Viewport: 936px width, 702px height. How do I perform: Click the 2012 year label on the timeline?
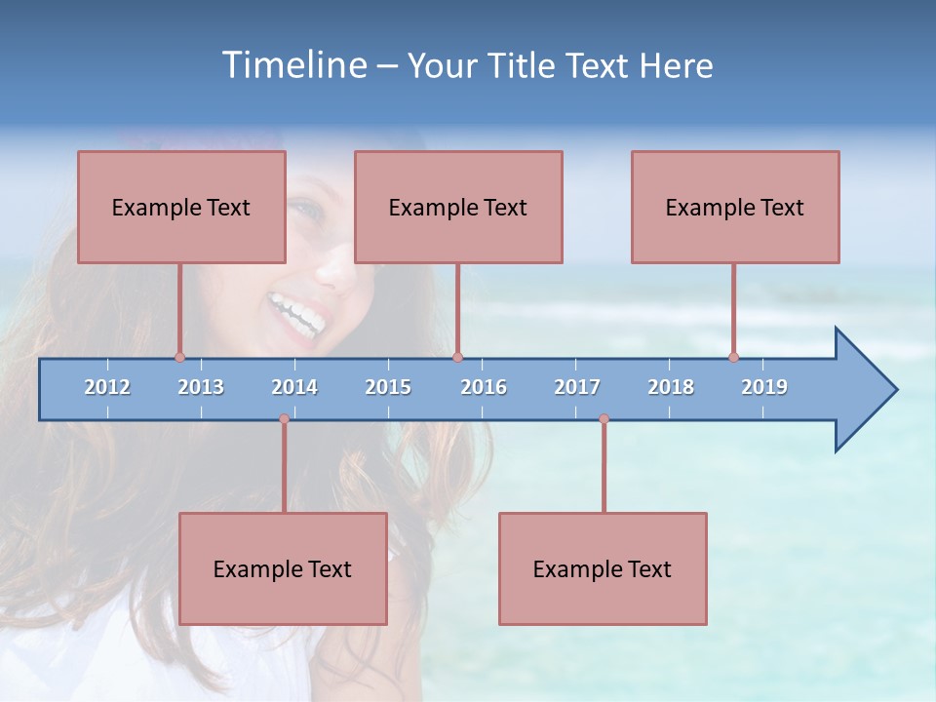(x=107, y=387)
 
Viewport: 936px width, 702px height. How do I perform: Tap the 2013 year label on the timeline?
(x=201, y=387)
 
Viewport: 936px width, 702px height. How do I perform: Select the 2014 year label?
(x=294, y=387)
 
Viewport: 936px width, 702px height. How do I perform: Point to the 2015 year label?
(x=388, y=387)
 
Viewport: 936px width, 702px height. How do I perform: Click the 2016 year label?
(x=484, y=387)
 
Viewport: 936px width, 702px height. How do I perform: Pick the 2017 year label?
(x=577, y=387)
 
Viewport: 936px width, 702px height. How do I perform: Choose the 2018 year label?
(x=671, y=387)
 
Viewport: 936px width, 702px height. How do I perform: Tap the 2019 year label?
(x=764, y=387)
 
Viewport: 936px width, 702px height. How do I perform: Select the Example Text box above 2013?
(x=181, y=207)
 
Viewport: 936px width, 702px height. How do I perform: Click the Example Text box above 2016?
(x=458, y=207)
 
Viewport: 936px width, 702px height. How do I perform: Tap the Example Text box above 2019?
(x=735, y=207)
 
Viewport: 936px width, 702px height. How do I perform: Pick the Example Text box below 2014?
(x=283, y=568)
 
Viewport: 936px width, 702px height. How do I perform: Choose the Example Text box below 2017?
(x=603, y=568)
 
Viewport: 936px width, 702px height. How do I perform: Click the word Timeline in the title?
(x=293, y=65)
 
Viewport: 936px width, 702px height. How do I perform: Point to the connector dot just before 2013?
(x=179, y=357)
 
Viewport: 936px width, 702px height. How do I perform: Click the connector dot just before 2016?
(x=457, y=357)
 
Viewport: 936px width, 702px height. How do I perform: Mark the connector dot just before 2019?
(x=733, y=357)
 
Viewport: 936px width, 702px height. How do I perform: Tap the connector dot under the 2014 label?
(x=284, y=418)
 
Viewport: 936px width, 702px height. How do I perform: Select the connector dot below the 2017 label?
(x=604, y=418)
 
